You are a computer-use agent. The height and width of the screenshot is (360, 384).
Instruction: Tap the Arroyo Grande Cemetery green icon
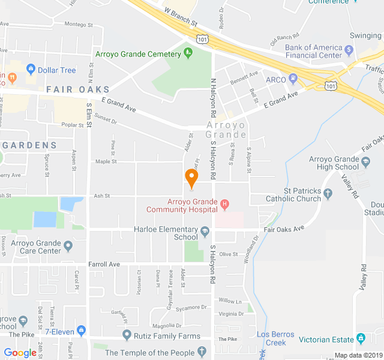tap(188, 52)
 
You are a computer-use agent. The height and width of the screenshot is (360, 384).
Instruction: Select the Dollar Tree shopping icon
tap(30, 70)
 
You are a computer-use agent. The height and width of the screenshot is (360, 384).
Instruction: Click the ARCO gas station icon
tap(293, 77)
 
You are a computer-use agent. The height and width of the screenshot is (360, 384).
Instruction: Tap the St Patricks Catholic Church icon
tap(328, 194)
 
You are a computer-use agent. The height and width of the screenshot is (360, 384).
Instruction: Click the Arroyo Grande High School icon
tap(365, 163)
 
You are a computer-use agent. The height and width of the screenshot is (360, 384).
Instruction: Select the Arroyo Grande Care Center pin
tap(68, 245)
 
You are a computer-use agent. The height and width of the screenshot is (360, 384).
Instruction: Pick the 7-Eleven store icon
tap(82, 331)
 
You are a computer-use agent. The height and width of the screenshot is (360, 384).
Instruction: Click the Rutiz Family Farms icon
tap(127, 335)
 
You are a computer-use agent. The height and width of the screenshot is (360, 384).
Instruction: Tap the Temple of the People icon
tap(203, 352)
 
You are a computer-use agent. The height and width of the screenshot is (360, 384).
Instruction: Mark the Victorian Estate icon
tap(360, 338)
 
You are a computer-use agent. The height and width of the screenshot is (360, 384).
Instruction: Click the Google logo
tap(20, 353)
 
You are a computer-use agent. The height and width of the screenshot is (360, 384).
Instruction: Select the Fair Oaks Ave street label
tap(283, 229)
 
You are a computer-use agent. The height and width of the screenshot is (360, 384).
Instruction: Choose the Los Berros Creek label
tap(275, 338)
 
